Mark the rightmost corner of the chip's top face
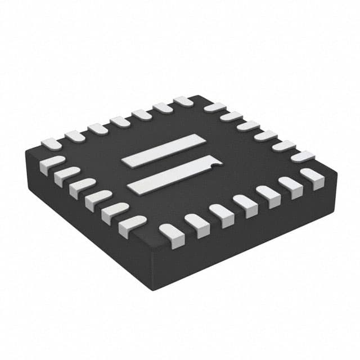[x=336, y=172]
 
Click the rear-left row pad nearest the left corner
[x=51, y=143]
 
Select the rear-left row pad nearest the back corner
[x=183, y=101]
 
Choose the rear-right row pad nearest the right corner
[x=303, y=157]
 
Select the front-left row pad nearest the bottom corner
[x=132, y=226]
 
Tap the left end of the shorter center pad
[x=126, y=161]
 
